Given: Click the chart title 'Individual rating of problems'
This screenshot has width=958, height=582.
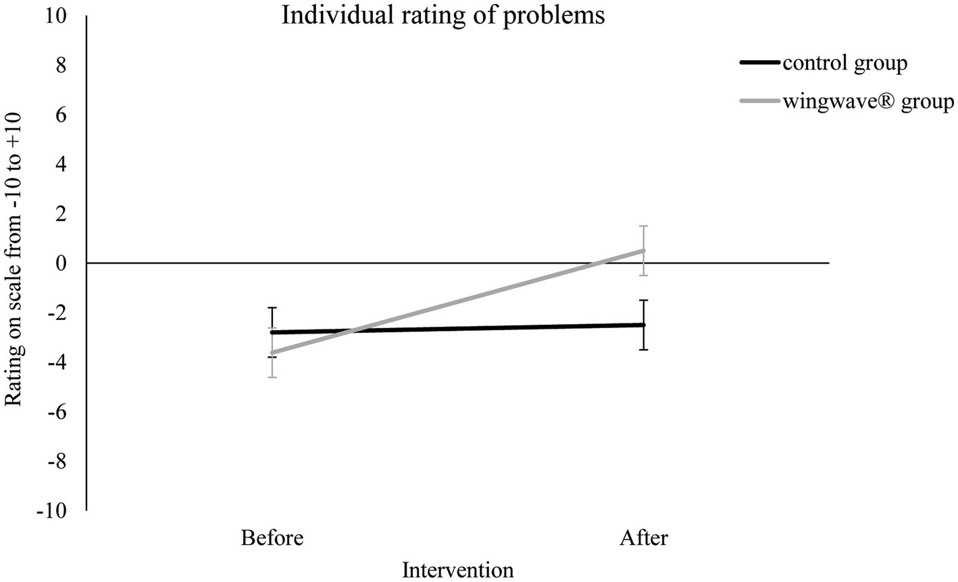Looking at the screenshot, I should (x=443, y=15).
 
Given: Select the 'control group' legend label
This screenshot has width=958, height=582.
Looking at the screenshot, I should (x=844, y=63).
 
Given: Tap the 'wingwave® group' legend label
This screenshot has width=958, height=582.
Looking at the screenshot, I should (x=867, y=103).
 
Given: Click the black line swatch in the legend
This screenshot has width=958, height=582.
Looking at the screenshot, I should (x=760, y=63).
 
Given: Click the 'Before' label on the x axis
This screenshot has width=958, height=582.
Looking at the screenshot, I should (x=272, y=539).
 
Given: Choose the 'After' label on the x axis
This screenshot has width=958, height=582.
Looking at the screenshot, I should (x=643, y=539).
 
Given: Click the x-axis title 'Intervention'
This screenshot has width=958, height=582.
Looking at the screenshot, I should (x=458, y=570).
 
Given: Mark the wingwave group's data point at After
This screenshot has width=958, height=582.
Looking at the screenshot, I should (x=644, y=250).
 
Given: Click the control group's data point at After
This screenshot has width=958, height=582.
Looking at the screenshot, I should (x=644, y=325).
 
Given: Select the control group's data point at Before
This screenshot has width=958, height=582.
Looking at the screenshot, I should (x=272, y=332).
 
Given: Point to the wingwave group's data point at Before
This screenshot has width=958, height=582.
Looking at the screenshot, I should (x=272, y=352).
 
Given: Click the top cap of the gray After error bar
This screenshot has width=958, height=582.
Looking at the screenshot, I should (x=644, y=226).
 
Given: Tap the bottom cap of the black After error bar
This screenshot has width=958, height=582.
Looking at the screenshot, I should (x=644, y=349).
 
